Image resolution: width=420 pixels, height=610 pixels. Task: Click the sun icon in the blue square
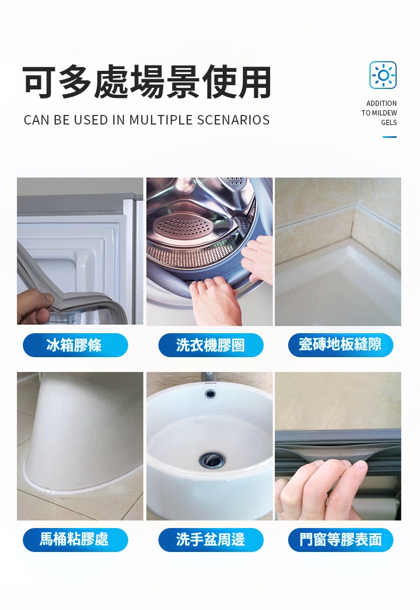click(383, 75)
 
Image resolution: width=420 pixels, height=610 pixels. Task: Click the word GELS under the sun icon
click(389, 122)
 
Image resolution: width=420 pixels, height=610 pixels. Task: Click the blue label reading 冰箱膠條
click(75, 345)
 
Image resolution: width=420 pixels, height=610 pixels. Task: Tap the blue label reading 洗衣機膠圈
click(211, 345)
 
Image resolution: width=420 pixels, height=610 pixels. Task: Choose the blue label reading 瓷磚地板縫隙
click(341, 345)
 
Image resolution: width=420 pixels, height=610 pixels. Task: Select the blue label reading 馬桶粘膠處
click(75, 540)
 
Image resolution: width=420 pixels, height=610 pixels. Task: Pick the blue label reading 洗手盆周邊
click(211, 540)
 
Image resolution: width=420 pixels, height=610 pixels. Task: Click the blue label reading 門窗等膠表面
click(341, 540)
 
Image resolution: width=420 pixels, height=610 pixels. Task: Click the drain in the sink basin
click(212, 460)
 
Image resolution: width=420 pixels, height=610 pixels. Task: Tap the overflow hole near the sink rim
click(211, 394)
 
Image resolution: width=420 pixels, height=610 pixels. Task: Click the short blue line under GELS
click(390, 137)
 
